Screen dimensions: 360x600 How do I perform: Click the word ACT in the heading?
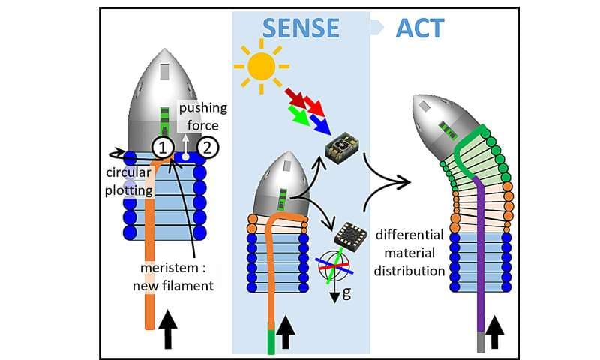click(419, 28)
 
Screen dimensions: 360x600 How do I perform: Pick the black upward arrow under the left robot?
click(169, 331)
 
